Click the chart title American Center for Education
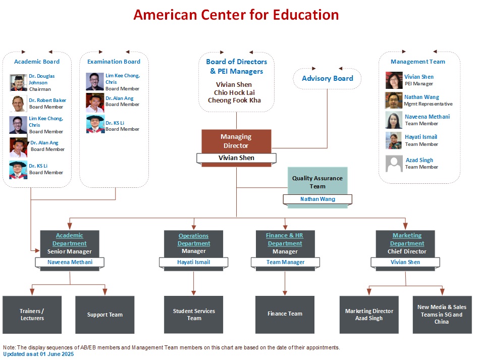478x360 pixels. (236, 15)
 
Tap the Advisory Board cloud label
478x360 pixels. (328, 78)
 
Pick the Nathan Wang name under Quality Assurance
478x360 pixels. (317, 199)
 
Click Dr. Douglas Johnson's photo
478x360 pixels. (18, 83)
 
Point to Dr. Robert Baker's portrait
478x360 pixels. (18, 104)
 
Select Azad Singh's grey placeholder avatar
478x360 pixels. (394, 164)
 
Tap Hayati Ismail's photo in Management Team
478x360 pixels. (394, 140)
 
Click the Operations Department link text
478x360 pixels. (194, 240)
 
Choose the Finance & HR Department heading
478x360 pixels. (285, 239)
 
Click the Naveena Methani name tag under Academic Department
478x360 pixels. (70, 262)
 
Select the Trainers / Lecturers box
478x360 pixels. (32, 315)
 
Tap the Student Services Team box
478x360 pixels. (194, 315)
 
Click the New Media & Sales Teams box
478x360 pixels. (442, 315)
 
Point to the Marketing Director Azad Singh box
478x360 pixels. (369, 315)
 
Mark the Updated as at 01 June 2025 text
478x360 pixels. (38, 354)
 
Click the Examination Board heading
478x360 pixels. (114, 62)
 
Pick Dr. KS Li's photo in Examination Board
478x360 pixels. (95, 124)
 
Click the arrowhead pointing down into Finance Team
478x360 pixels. (285, 293)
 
